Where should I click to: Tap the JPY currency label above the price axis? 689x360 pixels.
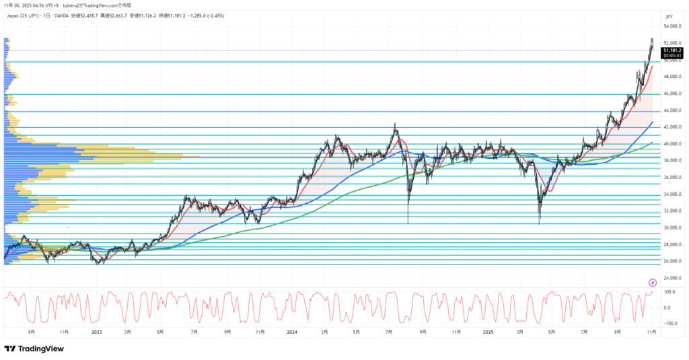[x=669, y=16]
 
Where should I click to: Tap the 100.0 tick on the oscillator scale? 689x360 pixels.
[x=669, y=291]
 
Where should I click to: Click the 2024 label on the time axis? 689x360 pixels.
[x=291, y=332]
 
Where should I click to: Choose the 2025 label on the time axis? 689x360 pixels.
[x=488, y=332]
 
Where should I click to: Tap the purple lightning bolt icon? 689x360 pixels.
[x=652, y=282]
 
